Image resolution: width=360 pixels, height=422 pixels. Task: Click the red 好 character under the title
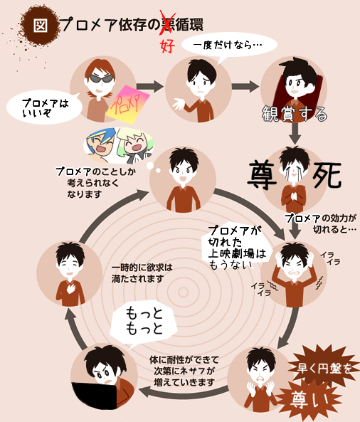point(167,46)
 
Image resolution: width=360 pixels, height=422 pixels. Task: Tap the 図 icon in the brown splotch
point(41,26)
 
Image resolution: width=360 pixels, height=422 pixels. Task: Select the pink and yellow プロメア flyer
point(127,104)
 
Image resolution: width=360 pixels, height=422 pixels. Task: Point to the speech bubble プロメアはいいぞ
point(44,107)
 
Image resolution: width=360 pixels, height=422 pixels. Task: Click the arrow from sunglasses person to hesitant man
point(149,86)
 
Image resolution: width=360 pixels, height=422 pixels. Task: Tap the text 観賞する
point(295,114)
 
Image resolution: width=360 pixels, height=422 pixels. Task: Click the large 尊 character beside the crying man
point(263,175)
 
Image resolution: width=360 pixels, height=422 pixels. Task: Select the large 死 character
point(327,175)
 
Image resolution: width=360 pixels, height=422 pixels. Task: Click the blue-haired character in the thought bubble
point(101,145)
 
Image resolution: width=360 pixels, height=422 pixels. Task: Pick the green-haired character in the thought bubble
point(135,146)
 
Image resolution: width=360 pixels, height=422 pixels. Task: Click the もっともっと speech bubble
point(144,322)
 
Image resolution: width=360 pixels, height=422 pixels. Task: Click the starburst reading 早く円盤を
point(324,368)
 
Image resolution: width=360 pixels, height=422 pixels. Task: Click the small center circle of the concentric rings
point(184,292)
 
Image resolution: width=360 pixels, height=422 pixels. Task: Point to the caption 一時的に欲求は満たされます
point(142,273)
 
